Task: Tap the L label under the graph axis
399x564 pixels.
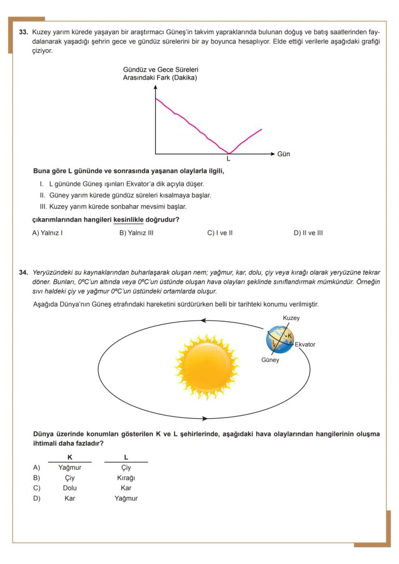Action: click(228, 158)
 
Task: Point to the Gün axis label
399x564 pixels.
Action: click(284, 154)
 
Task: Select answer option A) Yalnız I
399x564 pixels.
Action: click(48, 233)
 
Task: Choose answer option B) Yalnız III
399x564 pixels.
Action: click(136, 233)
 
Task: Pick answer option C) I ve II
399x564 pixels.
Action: click(220, 233)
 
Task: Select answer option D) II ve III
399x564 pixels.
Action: click(308, 233)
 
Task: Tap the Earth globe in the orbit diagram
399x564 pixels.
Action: click(279, 339)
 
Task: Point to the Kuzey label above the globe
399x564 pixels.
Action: click(291, 318)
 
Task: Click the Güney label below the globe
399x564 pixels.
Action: click(270, 360)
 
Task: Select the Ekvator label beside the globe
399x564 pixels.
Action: click(305, 345)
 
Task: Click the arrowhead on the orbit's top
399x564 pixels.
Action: click(203, 320)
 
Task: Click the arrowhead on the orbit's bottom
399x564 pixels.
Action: click(204, 418)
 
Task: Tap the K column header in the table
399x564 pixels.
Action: click(70, 457)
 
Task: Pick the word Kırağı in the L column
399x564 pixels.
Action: click(126, 478)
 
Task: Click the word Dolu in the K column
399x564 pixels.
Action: click(70, 488)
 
